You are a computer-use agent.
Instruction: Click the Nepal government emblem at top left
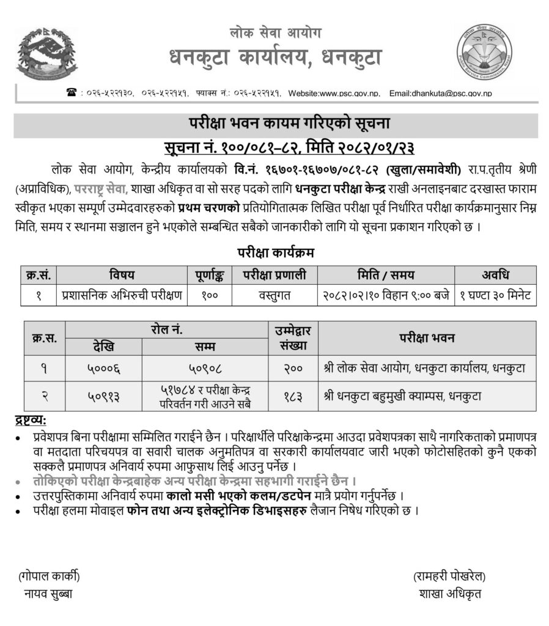(39, 56)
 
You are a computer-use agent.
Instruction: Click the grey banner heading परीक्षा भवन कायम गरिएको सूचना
(274, 125)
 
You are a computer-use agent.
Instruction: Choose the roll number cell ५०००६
(103, 369)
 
